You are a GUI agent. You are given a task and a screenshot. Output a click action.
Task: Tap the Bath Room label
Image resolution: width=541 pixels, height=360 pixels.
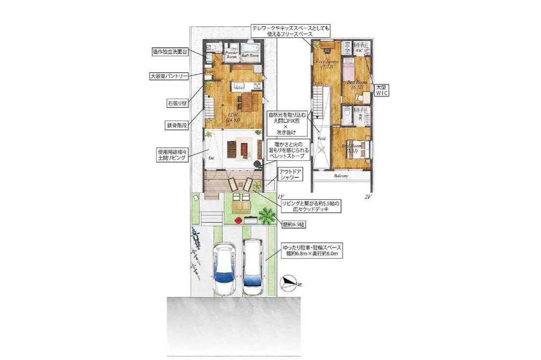tap(249, 55)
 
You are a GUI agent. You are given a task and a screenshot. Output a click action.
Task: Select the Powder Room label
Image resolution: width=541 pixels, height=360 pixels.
tap(232, 54)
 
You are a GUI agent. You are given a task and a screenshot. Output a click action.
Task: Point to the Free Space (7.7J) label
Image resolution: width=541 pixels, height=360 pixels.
tap(325, 64)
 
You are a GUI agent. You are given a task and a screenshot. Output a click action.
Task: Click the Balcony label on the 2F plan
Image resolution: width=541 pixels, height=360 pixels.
tap(341, 176)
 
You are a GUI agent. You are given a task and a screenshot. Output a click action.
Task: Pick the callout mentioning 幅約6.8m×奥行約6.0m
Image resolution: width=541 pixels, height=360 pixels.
tap(313, 251)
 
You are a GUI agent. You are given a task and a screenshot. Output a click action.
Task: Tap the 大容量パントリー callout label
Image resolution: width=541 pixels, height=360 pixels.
tap(169, 77)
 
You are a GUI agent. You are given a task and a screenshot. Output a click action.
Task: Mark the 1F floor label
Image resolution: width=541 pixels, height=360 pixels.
tap(280, 197)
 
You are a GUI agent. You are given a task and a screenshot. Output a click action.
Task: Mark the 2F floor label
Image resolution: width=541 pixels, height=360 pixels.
tap(368, 197)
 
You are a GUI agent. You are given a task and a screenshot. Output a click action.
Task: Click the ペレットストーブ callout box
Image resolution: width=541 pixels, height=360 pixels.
tap(288, 151)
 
